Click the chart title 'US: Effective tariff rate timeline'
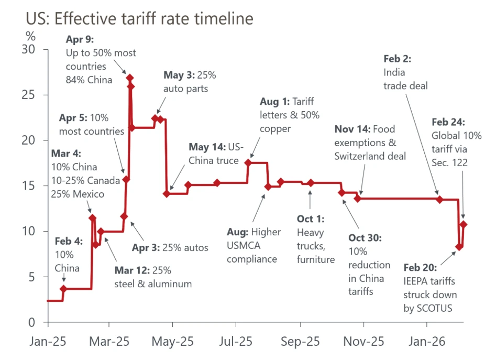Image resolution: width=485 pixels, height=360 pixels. point(139,19)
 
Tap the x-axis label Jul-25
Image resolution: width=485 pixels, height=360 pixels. point(235,342)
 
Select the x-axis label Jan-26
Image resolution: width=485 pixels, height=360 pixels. point(427,342)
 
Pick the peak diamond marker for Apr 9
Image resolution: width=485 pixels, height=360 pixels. point(130,78)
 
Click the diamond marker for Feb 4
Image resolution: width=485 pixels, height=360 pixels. point(63,289)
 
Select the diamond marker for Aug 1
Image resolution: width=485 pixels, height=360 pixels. point(248,163)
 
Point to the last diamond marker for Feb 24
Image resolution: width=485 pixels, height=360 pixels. point(463,224)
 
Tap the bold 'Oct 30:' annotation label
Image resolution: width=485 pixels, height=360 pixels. point(365,238)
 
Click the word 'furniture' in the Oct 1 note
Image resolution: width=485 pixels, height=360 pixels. point(316,259)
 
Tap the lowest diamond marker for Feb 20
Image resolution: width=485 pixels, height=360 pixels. point(459,247)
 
